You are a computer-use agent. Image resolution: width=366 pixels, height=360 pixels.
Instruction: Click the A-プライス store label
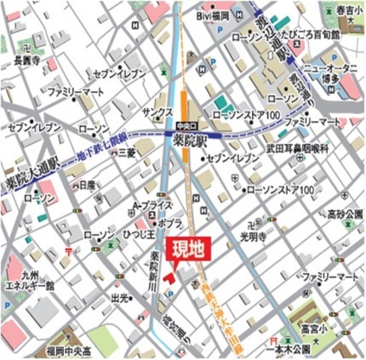tap(152, 205)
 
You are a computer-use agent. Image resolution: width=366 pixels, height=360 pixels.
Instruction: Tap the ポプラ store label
tap(170, 223)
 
